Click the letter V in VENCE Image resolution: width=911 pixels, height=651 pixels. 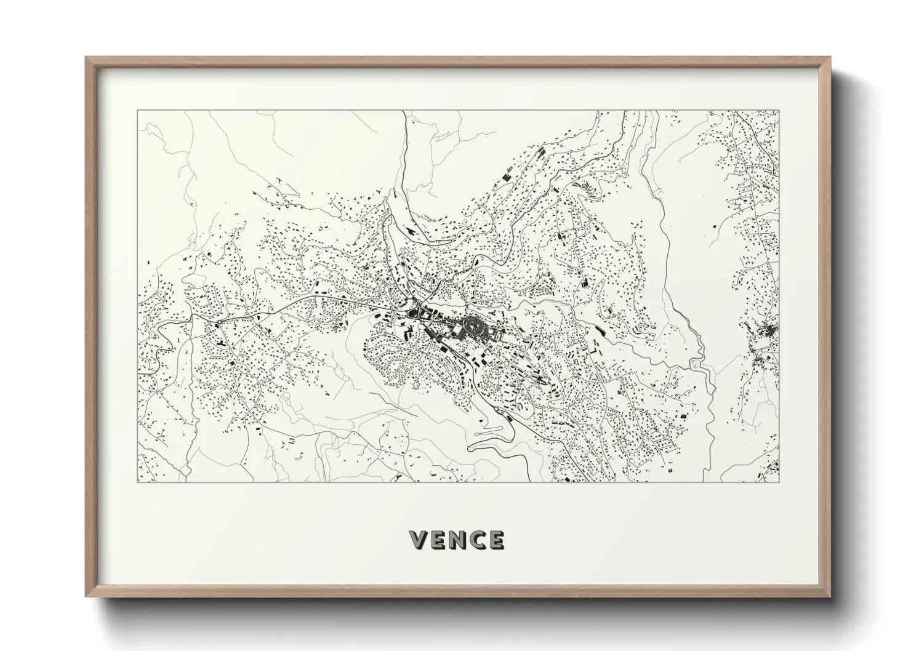click(x=419, y=540)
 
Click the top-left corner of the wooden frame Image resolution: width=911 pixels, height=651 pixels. click(x=86, y=57)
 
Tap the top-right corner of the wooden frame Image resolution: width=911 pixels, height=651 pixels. click(x=830, y=57)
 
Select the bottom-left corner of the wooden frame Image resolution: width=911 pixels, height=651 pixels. click(x=86, y=596)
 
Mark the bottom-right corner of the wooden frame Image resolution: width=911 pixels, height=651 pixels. click(x=830, y=596)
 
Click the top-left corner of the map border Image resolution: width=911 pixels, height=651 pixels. click(x=137, y=111)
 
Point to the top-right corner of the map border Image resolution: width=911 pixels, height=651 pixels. click(x=779, y=111)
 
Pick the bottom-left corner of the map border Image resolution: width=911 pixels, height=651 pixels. click(x=137, y=482)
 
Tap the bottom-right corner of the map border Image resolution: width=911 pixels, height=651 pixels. click(x=779, y=482)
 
